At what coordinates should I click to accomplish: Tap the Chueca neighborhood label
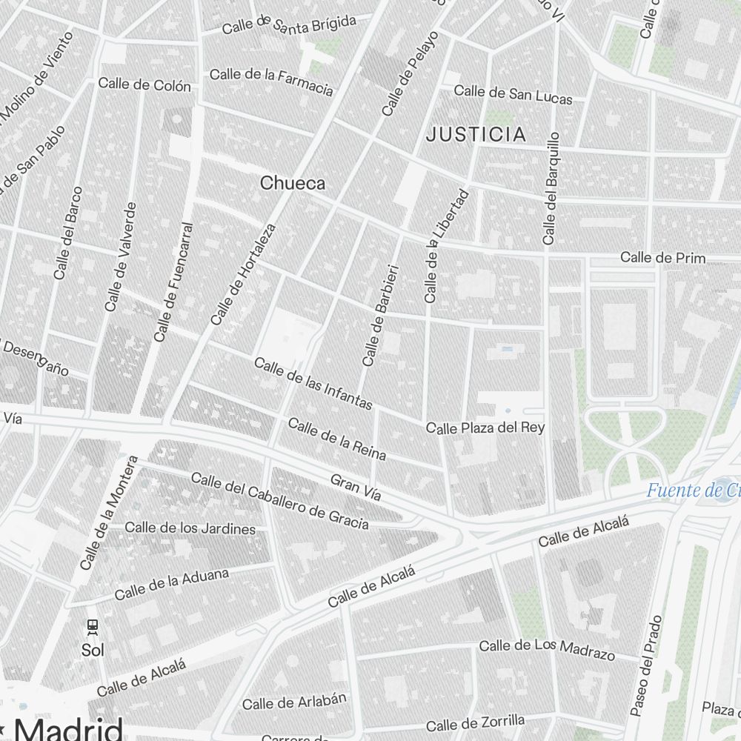tap(292, 183)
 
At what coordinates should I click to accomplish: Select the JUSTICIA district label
tap(477, 134)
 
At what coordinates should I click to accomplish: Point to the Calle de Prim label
tap(662, 258)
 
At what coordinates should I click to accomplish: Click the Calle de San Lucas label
tap(513, 93)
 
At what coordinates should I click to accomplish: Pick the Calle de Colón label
tap(144, 84)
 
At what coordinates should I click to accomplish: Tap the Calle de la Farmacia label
tap(271, 81)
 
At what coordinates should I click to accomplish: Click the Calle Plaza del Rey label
tap(485, 428)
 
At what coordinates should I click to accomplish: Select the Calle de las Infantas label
tap(313, 383)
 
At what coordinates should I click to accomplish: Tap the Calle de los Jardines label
tap(190, 528)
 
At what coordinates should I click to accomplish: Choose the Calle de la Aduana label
tap(172, 583)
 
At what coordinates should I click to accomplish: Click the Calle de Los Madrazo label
tap(547, 649)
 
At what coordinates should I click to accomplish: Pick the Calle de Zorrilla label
tap(475, 722)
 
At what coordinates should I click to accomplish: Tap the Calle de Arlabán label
tap(294, 701)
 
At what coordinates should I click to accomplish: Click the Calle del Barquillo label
tap(550, 189)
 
